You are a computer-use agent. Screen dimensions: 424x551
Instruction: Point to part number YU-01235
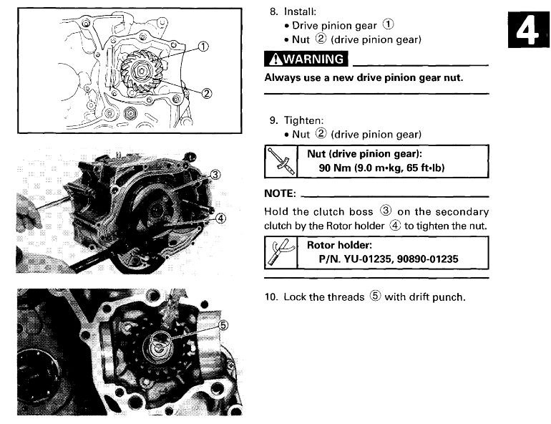click(373, 259)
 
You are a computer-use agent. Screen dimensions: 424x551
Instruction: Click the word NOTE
click(280, 194)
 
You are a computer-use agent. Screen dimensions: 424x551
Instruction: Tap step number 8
click(272, 12)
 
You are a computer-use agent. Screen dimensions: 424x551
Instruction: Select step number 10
click(273, 297)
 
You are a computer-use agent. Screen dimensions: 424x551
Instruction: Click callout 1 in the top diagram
click(203, 47)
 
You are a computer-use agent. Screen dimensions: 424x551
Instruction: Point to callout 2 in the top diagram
click(207, 92)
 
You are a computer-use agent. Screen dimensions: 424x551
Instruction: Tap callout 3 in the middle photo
click(215, 175)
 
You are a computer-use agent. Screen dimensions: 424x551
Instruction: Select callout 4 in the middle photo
click(220, 218)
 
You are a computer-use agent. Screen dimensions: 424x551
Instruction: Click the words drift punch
click(439, 297)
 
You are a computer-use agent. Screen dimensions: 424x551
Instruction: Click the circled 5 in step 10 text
click(375, 297)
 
